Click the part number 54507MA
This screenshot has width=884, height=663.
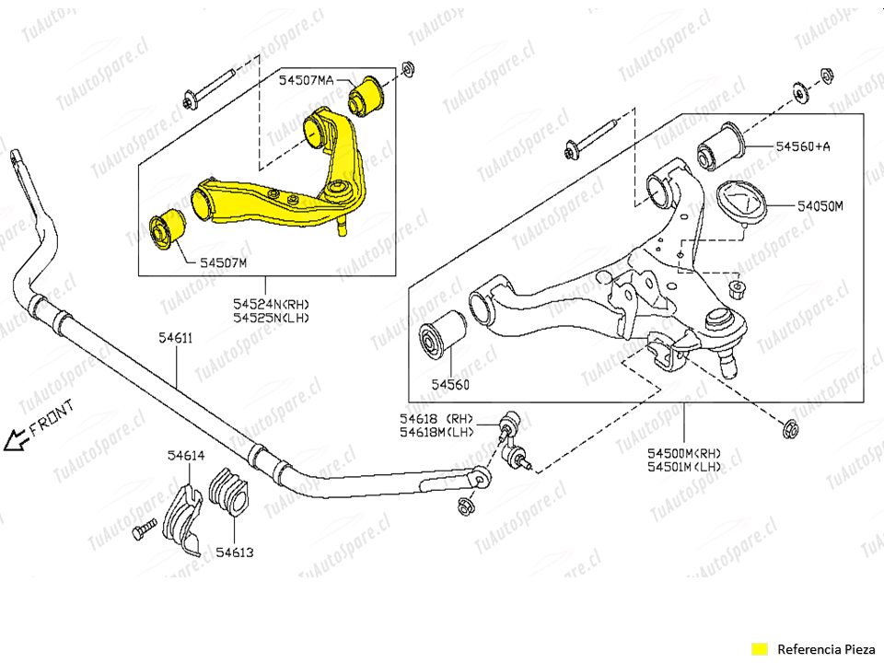point(306,81)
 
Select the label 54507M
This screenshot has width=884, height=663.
point(223,262)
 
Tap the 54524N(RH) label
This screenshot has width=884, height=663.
point(271,303)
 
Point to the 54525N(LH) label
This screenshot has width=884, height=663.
point(271,318)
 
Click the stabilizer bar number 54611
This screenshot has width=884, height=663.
point(174,339)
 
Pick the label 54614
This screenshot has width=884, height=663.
point(185,456)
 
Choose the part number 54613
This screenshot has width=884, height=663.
point(235,552)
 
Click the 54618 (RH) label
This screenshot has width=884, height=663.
point(436,418)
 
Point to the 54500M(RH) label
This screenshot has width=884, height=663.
point(683,453)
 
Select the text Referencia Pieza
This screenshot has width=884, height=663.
point(820,647)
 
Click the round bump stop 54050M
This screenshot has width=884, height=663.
point(742,203)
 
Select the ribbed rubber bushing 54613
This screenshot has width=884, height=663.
point(230,494)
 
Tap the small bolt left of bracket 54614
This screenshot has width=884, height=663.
point(145,531)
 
